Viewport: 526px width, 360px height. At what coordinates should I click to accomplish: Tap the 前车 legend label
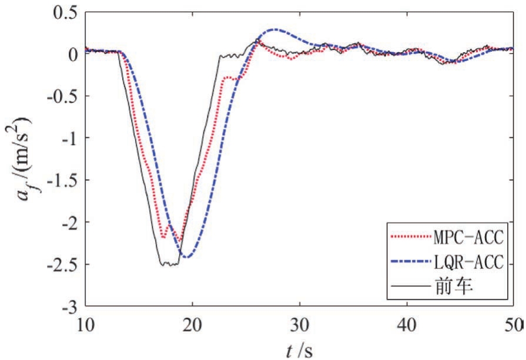(x=458, y=288)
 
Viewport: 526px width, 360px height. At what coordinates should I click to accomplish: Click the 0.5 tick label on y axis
(x=66, y=12)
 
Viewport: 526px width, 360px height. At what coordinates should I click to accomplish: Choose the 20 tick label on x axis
(x=192, y=325)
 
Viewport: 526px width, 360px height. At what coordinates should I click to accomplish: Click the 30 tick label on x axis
(x=300, y=325)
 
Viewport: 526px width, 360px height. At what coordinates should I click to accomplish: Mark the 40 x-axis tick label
(x=407, y=325)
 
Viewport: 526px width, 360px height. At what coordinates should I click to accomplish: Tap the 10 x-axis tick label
(x=86, y=325)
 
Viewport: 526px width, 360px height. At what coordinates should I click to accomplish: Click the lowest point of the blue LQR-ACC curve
(x=187, y=257)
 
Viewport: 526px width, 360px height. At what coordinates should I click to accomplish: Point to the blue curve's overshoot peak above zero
(x=274, y=29)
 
